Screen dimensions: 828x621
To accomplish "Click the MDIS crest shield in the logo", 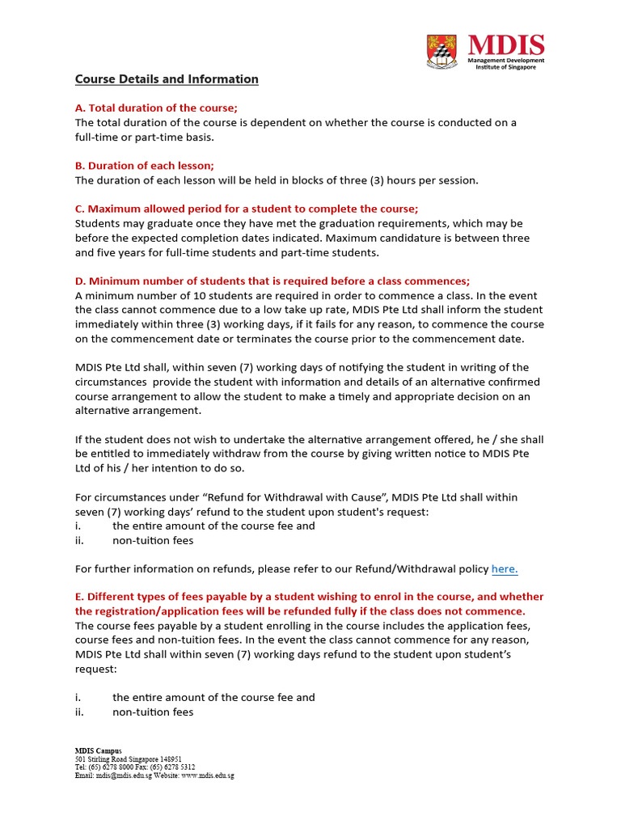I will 441,51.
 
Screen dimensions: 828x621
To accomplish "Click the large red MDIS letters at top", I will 506,45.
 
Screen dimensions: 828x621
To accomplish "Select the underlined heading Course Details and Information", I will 167,79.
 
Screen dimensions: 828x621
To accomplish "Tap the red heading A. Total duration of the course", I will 157,108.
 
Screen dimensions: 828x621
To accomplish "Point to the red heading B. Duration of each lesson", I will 145,165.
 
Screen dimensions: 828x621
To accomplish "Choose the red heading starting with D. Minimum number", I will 272,281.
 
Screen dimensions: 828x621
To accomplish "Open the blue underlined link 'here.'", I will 505,568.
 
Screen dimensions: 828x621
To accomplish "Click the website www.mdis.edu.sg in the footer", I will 207,775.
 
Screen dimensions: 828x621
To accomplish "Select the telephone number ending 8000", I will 114,767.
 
